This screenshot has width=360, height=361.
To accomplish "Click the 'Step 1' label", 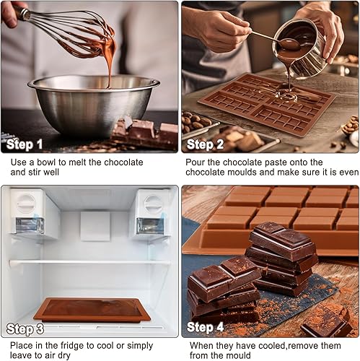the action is (25, 144).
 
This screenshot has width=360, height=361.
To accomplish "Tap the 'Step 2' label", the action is (205, 144).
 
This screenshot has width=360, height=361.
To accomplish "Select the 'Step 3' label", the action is (25, 329).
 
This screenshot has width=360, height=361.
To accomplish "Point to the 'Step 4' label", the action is (205, 327).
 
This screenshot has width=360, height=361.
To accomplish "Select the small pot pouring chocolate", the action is (301, 48).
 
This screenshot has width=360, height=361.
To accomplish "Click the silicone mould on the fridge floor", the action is (92, 310).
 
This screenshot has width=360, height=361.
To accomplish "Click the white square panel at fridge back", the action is (95, 226).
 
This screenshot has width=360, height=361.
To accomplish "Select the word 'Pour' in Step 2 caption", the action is (195, 162).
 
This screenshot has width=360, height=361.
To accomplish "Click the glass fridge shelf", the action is (90, 262).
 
